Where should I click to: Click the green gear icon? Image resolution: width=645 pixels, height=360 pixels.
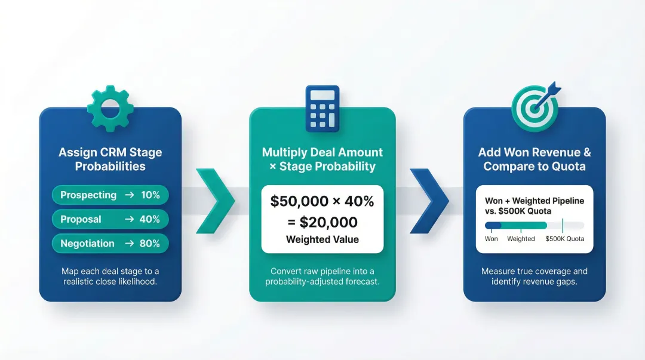(x=110, y=109)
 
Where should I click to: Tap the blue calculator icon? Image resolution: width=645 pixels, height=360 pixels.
(x=322, y=108)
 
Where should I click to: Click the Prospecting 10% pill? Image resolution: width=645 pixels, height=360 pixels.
(x=110, y=195)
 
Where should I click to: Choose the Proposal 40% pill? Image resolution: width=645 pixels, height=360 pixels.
(x=110, y=219)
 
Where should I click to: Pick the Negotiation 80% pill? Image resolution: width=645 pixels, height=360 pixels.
(x=110, y=244)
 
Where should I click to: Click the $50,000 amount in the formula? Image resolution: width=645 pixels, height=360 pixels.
(x=297, y=202)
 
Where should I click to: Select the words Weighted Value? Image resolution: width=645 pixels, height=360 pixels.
(x=322, y=239)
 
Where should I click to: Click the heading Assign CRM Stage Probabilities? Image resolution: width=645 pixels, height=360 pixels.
(x=110, y=159)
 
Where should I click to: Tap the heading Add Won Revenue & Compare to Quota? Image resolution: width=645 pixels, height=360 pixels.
(x=535, y=159)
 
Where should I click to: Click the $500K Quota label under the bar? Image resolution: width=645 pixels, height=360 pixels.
(x=565, y=239)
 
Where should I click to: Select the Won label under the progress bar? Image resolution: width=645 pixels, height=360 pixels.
(x=491, y=239)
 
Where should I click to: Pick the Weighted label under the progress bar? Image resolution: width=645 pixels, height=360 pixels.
(x=521, y=239)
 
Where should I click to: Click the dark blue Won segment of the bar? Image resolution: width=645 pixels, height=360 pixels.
(x=493, y=226)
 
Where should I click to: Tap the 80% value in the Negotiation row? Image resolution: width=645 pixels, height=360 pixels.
(x=150, y=244)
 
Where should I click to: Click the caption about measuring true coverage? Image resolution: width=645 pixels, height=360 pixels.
(x=535, y=276)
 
